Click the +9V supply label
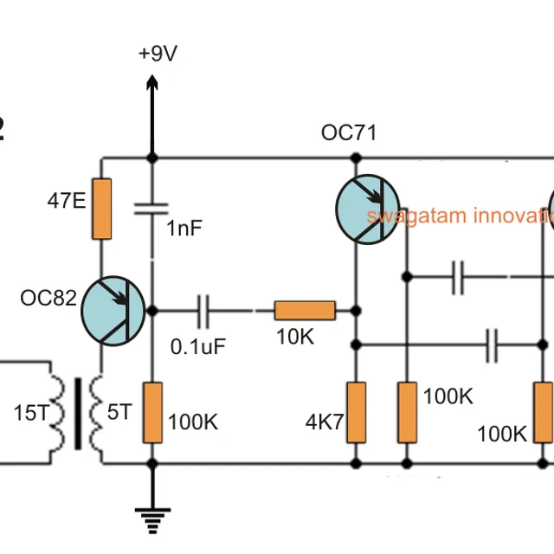pos(158,54)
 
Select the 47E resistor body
pos(102,209)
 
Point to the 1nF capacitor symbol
pos(152,209)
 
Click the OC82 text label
pos(48,299)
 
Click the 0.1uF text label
pos(198,346)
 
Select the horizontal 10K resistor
pos(305,310)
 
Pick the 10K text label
pos(295,338)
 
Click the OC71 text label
pos(349,132)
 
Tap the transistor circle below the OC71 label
pos(369,209)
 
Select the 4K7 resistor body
pos(356,412)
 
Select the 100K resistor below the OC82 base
pos(152,412)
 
